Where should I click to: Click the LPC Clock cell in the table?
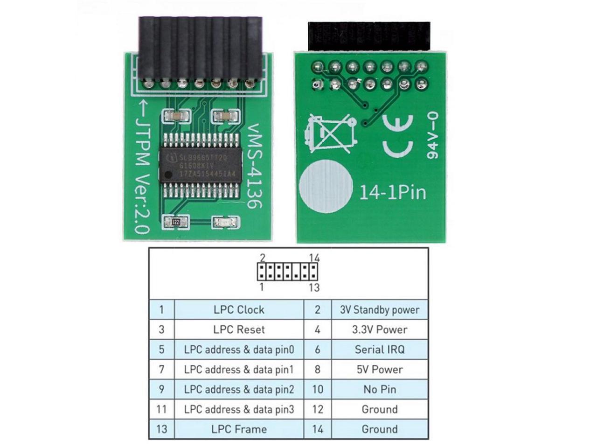tap(239, 309)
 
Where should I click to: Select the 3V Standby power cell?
tap(379, 309)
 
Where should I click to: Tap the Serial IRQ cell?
tap(379, 350)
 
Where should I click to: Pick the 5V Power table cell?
tap(379, 370)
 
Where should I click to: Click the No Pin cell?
tap(379, 389)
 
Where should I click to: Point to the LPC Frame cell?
tap(239, 429)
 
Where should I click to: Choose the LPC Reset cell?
tap(239, 329)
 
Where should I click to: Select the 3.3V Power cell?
tap(379, 329)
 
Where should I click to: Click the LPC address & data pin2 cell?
tap(239, 389)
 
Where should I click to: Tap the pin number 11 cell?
tap(161, 409)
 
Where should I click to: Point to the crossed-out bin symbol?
tap(329, 134)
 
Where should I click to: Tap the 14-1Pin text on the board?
tap(392, 192)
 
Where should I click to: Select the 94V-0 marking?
tap(432, 135)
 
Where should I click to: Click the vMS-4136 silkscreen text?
tap(255, 166)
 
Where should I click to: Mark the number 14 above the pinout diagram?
tap(314, 258)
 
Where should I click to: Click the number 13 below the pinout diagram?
tap(314, 287)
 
